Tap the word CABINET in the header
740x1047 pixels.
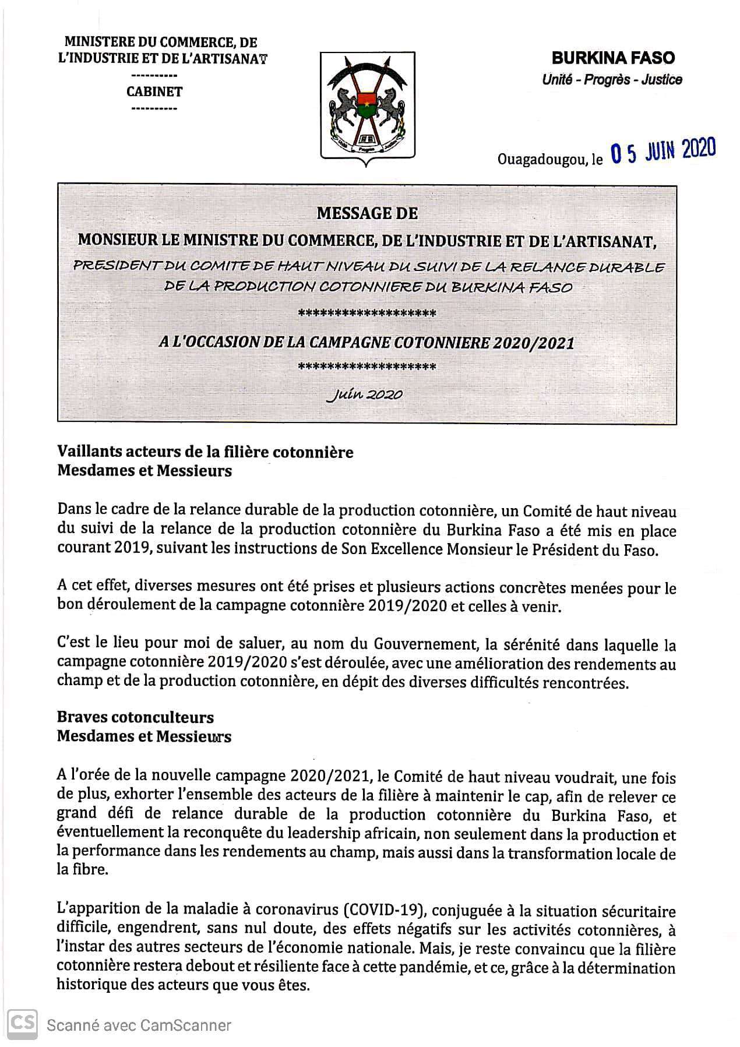click(x=154, y=91)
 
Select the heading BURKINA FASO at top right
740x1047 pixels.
click(x=613, y=58)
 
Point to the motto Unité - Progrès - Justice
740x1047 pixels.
click(x=612, y=80)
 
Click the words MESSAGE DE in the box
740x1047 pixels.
click(x=367, y=213)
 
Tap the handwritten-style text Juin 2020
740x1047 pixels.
click(x=366, y=394)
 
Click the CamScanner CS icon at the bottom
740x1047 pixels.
click(x=22, y=1024)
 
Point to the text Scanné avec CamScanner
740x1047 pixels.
click(x=139, y=1025)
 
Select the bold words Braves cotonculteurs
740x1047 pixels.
click(x=135, y=717)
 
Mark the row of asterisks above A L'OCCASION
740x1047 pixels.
click(x=367, y=314)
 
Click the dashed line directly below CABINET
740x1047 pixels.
click(x=154, y=108)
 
